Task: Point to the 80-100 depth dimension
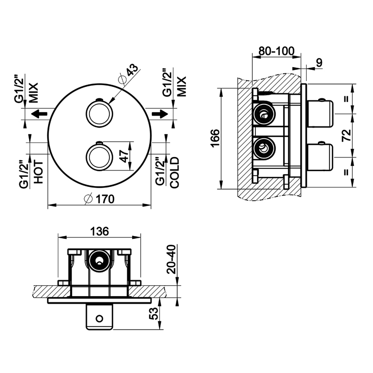pyautogui.click(x=276, y=51)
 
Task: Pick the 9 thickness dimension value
pyautogui.click(x=319, y=62)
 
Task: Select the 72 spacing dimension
pyautogui.click(x=347, y=135)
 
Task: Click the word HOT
pyautogui.click(x=39, y=173)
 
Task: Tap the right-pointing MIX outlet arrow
pyautogui.click(x=160, y=114)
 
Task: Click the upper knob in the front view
pyautogui.click(x=99, y=112)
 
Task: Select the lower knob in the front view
pyautogui.click(x=99, y=156)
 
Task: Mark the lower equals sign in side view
pyautogui.click(x=347, y=172)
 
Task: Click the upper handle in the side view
pyautogui.click(x=320, y=113)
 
